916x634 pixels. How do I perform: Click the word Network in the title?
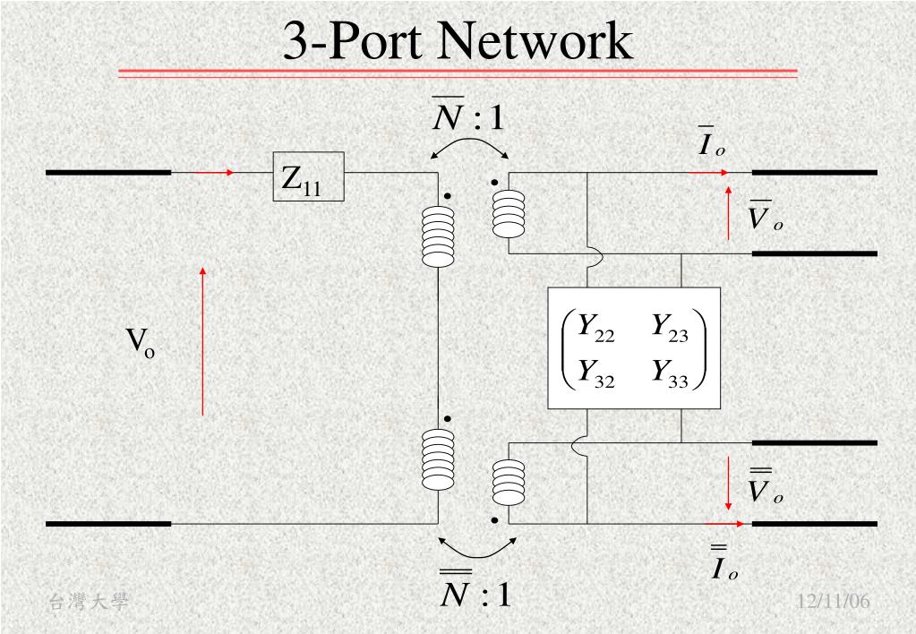[535, 42]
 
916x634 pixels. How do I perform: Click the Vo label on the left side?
[140, 342]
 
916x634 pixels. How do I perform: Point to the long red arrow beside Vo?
[203, 340]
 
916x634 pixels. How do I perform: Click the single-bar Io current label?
[712, 143]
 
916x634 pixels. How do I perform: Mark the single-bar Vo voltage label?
[766, 215]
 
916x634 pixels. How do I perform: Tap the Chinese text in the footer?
[88, 603]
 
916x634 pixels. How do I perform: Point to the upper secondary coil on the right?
[508, 213]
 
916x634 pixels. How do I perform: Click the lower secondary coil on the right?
[508, 484]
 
